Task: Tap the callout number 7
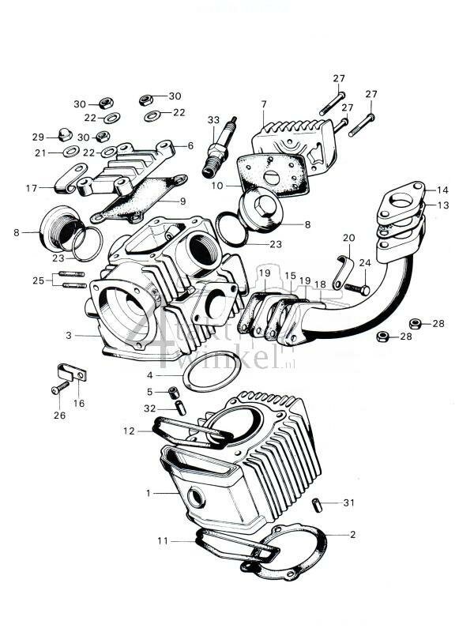264,104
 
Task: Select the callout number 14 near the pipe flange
442,190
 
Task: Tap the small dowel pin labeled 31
317,503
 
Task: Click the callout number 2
352,535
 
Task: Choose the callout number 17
32,188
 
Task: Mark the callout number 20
348,238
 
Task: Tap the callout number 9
182,201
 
